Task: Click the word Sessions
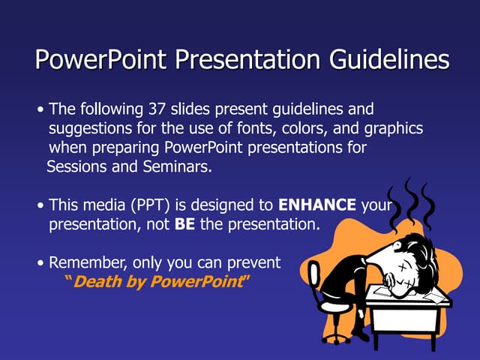point(77,166)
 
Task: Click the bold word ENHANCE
point(317,205)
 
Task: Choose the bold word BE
point(184,224)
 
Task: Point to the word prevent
point(254,262)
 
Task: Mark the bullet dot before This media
point(40,205)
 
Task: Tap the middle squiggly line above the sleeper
point(410,199)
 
